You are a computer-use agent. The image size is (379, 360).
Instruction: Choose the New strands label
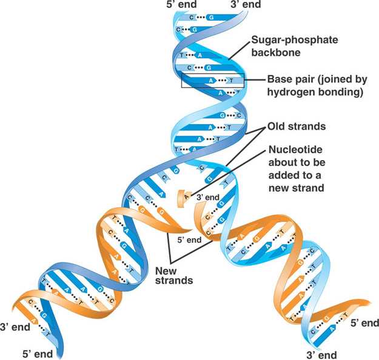(175, 275)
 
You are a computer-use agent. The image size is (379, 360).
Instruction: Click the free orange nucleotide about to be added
(180, 197)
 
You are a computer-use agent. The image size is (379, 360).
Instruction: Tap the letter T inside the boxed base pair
(232, 79)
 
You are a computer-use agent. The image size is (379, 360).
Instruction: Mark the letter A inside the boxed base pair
(210, 79)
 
